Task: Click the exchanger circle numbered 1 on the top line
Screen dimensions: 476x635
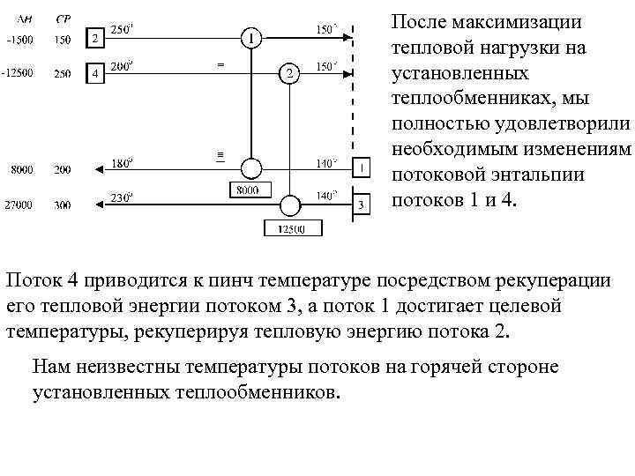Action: point(251,38)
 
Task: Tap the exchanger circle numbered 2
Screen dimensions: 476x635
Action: point(288,74)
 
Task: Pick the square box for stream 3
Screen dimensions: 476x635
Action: point(361,205)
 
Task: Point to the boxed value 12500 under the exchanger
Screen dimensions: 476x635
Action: point(291,229)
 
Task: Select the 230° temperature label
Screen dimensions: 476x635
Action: point(122,197)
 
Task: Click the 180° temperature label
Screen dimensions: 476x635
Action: point(122,161)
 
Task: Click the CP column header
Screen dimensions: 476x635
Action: point(63,19)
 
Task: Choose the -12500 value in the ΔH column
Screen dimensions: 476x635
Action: point(18,74)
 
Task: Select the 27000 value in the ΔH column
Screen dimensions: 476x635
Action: point(18,205)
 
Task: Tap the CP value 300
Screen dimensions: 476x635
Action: point(63,205)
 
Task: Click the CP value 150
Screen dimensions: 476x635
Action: point(63,40)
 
